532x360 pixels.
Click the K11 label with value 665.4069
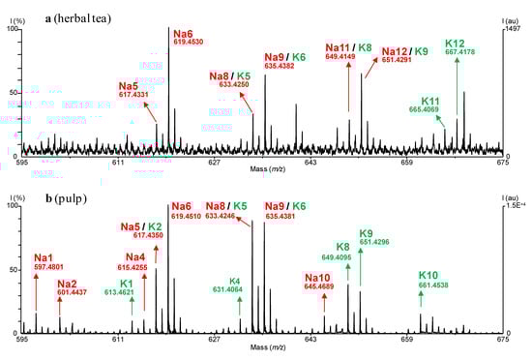pos(430,105)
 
